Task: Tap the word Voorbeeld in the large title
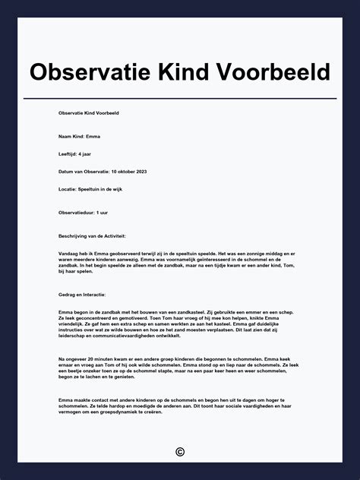(276, 72)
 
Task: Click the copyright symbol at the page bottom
(180, 452)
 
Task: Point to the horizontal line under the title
(180, 98)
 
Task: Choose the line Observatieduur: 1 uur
(82, 212)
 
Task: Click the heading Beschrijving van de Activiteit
(92, 235)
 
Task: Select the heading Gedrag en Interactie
(82, 294)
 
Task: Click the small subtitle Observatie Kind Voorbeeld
(88, 112)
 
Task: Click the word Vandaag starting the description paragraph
(68, 253)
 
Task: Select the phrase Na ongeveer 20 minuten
(84, 358)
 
